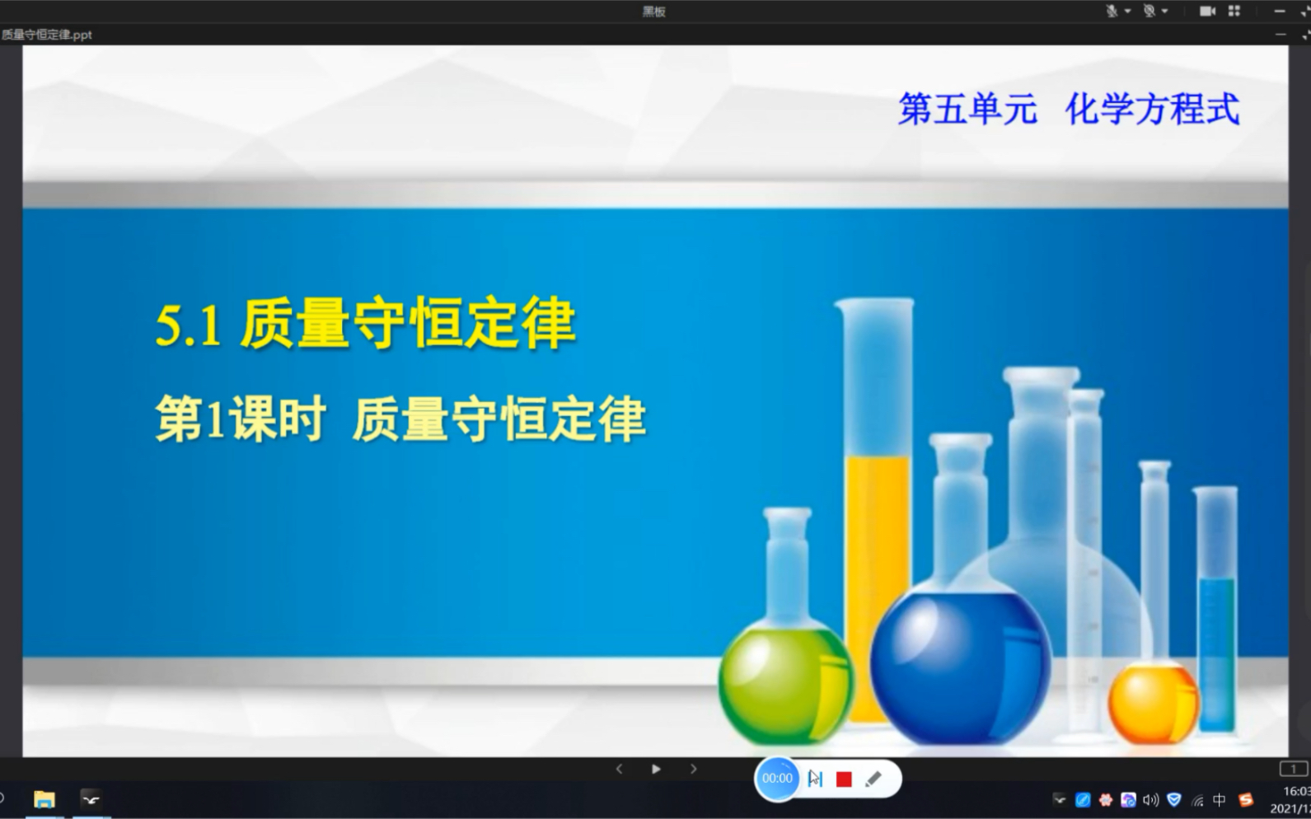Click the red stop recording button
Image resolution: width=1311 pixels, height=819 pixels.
843,779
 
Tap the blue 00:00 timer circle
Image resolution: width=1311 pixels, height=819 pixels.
777,779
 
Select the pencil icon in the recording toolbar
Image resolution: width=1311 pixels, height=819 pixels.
873,779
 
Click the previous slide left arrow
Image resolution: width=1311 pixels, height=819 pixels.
619,770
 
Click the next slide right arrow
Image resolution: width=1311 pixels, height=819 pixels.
694,770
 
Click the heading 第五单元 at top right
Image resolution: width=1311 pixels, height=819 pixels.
967,109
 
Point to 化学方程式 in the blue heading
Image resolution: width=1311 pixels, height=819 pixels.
1152,109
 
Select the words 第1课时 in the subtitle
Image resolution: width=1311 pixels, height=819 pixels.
240,419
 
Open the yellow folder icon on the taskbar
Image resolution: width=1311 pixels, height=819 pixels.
44,800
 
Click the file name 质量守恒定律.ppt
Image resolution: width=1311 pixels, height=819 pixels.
46,35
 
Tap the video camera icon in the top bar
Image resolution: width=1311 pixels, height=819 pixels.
1207,11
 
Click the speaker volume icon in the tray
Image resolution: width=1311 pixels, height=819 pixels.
1150,800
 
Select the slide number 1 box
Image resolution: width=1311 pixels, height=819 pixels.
1293,770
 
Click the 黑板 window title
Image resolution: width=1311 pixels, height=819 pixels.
654,12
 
